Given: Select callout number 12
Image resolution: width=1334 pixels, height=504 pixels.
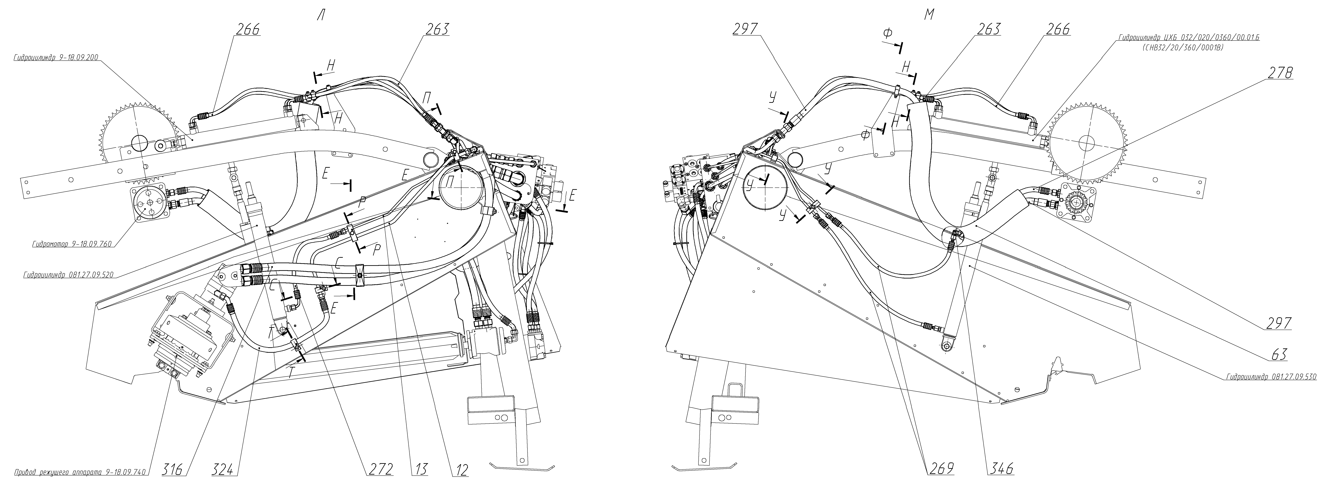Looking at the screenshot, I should click(459, 470).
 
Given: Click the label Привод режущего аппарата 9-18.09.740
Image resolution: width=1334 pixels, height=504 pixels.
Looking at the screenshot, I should click(80, 472).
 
